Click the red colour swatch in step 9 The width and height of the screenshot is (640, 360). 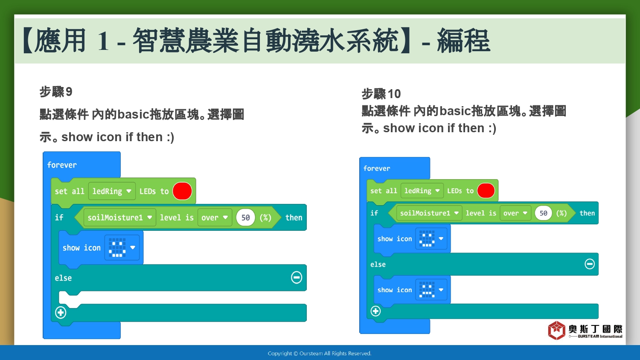pyautogui.click(x=182, y=191)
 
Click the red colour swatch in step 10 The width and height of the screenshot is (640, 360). pyautogui.click(x=486, y=191)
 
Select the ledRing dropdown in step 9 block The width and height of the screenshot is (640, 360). pyautogui.click(x=112, y=191)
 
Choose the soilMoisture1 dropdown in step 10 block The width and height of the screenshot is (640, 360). pyautogui.click(x=429, y=213)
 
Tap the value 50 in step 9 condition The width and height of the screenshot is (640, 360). pyautogui.click(x=245, y=218)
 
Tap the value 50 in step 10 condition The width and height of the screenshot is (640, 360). pyautogui.click(x=543, y=213)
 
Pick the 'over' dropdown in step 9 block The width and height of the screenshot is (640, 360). pyautogui.click(x=215, y=218)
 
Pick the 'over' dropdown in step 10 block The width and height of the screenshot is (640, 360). pyautogui.click(x=515, y=213)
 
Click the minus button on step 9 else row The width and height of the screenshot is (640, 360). pyautogui.click(x=297, y=277)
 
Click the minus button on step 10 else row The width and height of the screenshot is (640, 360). pyautogui.click(x=590, y=264)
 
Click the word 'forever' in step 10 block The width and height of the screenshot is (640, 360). pyautogui.click(x=377, y=168)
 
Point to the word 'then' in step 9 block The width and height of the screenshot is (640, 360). pyautogui.click(x=294, y=218)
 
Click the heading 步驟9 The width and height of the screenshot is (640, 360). pyautogui.click(x=56, y=92)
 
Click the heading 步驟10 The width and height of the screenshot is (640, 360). pyautogui.click(x=381, y=94)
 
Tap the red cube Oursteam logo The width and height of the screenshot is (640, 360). pyautogui.click(x=556, y=330)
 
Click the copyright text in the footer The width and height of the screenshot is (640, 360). pyautogui.click(x=320, y=354)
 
